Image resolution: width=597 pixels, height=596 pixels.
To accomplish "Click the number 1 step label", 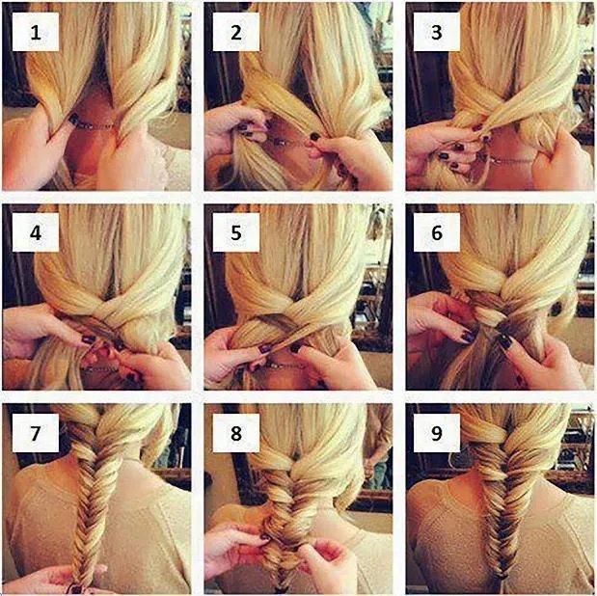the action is pyautogui.click(x=36, y=32).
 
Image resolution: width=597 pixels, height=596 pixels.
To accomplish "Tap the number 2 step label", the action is pyautogui.click(x=236, y=32).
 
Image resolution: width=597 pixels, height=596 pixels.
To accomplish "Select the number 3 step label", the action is pyautogui.click(x=437, y=32).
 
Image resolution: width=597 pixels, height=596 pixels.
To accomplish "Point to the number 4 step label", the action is pyautogui.click(x=36, y=232).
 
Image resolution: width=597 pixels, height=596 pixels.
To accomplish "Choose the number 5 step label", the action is pyautogui.click(x=236, y=232).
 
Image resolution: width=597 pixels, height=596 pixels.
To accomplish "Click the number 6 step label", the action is pyautogui.click(x=437, y=232).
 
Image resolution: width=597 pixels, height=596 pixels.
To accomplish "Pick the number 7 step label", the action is pyautogui.click(x=36, y=433).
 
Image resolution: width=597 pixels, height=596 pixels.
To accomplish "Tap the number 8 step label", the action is pyautogui.click(x=236, y=433).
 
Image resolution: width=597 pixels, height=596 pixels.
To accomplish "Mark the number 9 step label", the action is pyautogui.click(x=437, y=433).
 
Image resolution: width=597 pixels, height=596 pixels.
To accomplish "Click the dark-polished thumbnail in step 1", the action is pyautogui.click(x=74, y=119).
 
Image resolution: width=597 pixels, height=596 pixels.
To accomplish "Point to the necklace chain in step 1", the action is pyautogui.click(x=95, y=125).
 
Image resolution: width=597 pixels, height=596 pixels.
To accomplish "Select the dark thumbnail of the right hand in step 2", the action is pyautogui.click(x=314, y=136).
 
